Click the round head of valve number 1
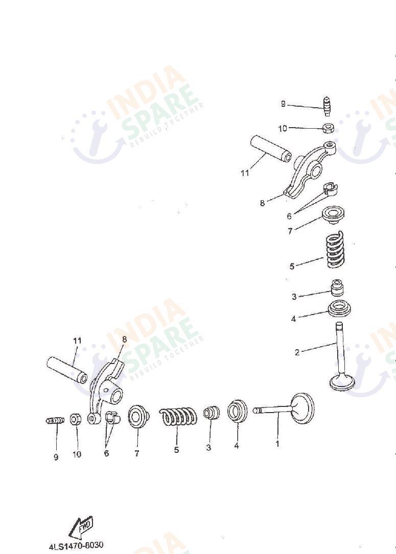pyautogui.click(x=302, y=408)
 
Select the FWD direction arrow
pyautogui.click(x=81, y=527)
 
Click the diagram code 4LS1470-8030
pyautogui.click(x=76, y=545)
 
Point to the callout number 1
pyautogui.click(x=277, y=443)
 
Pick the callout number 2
pyautogui.click(x=297, y=352)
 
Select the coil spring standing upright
pyautogui.click(x=335, y=249)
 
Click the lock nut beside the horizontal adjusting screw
pyautogui.click(x=75, y=419)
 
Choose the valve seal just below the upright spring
pyautogui.click(x=337, y=287)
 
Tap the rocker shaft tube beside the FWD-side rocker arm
pyautogui.click(x=67, y=370)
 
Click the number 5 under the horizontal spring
pyautogui.click(x=176, y=450)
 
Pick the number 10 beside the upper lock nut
pyautogui.click(x=283, y=128)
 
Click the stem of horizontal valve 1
pyautogui.click(x=273, y=410)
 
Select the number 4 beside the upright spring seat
pyautogui.click(x=293, y=319)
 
